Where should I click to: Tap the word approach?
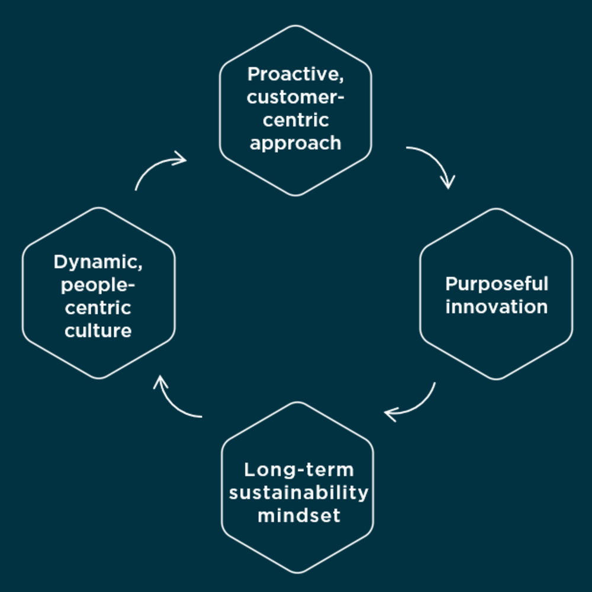(x=295, y=143)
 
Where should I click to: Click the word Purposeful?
(x=496, y=284)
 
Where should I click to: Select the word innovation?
(x=496, y=307)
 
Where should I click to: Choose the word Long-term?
(x=298, y=470)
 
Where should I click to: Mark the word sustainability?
(x=298, y=493)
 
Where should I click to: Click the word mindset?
(x=298, y=515)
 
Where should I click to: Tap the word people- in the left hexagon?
(x=98, y=285)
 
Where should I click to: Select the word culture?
(x=98, y=330)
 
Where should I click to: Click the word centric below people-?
(x=98, y=308)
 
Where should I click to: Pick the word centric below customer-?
(x=295, y=120)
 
